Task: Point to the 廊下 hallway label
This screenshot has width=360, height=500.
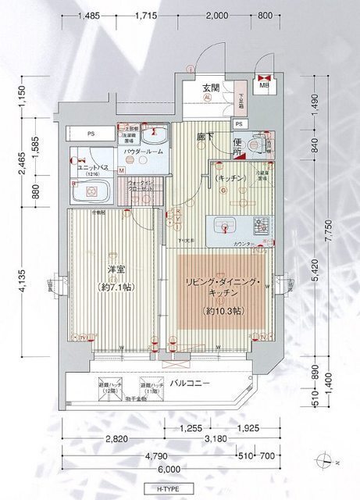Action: pos(206,136)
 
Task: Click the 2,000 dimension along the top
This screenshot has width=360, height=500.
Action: pos(216,16)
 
